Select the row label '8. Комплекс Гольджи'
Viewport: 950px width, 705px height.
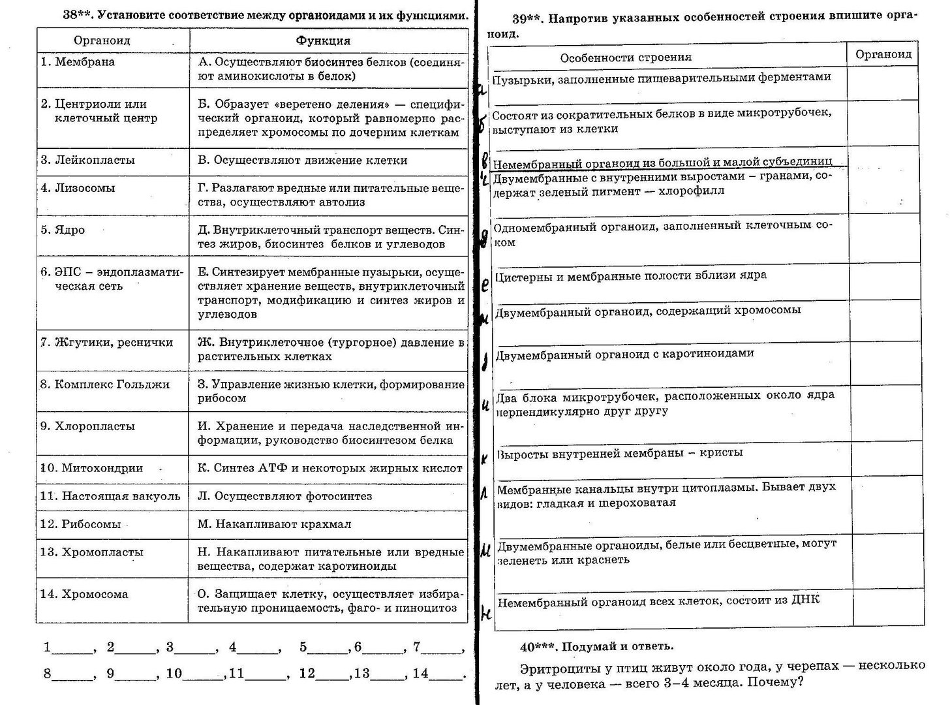coord(105,384)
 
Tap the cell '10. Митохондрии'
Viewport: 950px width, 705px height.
coord(92,468)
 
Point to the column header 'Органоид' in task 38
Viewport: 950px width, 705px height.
coord(102,40)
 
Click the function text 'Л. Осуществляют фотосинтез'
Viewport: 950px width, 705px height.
coord(284,496)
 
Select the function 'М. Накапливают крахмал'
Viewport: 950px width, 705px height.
coord(274,524)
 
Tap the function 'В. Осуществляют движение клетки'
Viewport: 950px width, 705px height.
coord(302,160)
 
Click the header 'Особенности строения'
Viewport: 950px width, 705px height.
coord(625,57)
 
